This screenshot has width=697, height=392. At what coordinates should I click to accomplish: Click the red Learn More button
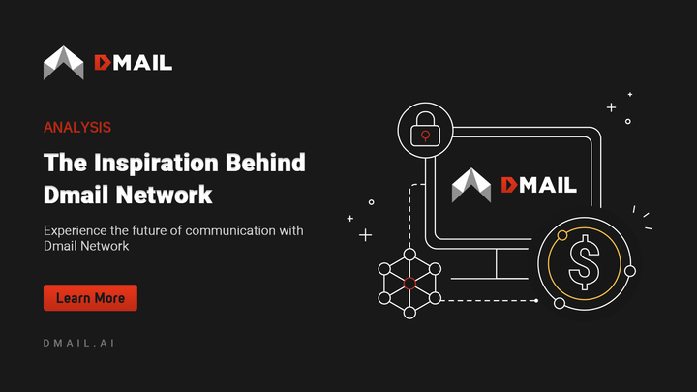[90, 298]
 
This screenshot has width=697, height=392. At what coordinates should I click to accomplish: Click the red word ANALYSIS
[76, 127]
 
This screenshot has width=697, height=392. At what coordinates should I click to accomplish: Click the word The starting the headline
[62, 162]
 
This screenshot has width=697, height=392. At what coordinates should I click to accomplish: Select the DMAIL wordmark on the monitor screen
[537, 185]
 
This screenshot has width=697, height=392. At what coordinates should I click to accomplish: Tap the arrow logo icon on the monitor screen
[472, 185]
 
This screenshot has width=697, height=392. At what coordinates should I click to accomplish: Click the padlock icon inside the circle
[422, 129]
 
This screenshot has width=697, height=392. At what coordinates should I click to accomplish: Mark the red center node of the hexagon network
[409, 284]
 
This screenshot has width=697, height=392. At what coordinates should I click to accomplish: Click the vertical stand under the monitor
[496, 260]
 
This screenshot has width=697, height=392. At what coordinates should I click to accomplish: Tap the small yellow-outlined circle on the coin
[562, 234]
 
